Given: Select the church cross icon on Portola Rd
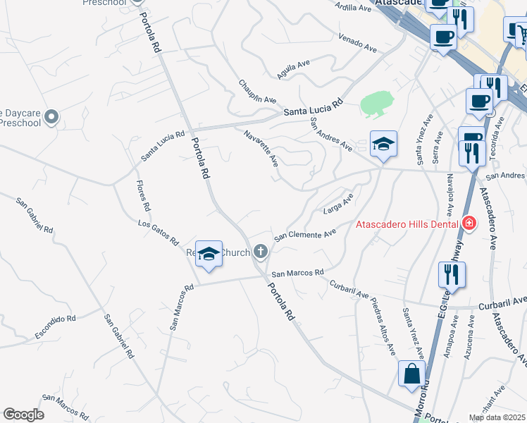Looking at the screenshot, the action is [261, 251].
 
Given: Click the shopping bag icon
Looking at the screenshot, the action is [411, 374].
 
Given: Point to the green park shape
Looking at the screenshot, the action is [376, 104].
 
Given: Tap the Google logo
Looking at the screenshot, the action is [24, 415].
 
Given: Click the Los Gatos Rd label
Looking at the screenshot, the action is [158, 233].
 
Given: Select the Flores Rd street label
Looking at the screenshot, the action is [143, 195].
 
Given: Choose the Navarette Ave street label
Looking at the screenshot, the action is [261, 148].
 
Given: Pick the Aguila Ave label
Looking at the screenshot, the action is [294, 69].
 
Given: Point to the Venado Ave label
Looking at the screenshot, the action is [357, 42].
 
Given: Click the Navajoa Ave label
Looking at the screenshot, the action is [448, 196].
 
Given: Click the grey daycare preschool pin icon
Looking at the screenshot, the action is [51, 116].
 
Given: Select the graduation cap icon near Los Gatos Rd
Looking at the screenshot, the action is [209, 254].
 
